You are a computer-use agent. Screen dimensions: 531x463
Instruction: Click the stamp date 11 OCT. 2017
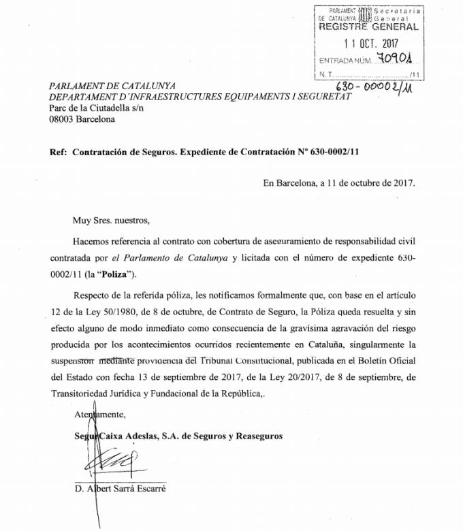tap(370, 44)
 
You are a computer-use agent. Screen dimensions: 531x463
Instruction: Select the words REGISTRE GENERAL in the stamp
tap(368, 27)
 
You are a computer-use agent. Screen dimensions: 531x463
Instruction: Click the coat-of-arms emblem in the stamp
tap(364, 14)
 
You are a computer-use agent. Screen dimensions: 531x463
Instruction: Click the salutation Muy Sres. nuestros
tap(109, 220)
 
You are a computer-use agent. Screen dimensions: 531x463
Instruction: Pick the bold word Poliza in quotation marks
tap(120, 274)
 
